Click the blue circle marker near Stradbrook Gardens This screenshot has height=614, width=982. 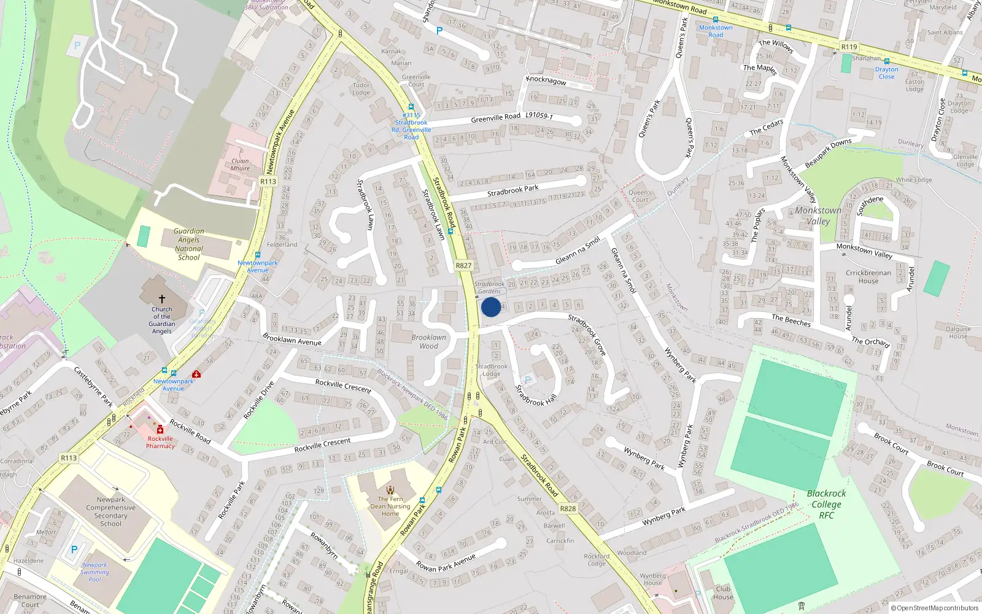[491, 307]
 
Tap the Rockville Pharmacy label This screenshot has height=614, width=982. [160, 442]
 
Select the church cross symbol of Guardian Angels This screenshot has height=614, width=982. [162, 299]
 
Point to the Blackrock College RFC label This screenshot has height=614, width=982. [826, 504]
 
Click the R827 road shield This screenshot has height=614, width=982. [463, 266]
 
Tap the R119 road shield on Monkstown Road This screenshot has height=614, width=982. [849, 47]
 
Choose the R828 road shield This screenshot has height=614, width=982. [568, 508]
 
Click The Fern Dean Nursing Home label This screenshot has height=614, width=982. [390, 507]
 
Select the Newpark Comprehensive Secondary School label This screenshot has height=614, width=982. [111, 511]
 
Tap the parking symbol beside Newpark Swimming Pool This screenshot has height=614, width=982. [74, 550]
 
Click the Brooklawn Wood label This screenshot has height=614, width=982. [429, 341]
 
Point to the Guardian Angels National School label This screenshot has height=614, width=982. [188, 244]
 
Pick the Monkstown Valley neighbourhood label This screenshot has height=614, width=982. [818, 216]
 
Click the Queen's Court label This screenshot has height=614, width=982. [640, 196]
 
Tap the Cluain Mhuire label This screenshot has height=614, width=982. [240, 165]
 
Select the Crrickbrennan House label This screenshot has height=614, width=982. [868, 277]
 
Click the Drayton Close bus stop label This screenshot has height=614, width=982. [886, 73]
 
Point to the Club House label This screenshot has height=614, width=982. [723, 593]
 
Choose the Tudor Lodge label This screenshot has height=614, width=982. [361, 89]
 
